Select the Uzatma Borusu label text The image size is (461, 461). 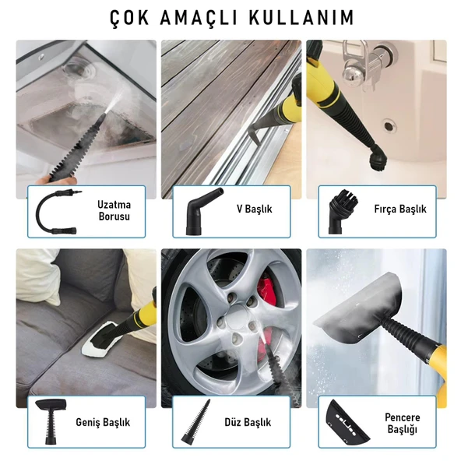click(x=114, y=209)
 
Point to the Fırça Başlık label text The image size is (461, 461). click(x=400, y=209)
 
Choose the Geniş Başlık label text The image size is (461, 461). click(x=103, y=423)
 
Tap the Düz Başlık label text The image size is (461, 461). click(x=248, y=423)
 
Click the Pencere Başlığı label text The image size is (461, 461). click(x=402, y=424)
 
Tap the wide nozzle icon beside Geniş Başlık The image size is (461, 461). click(x=53, y=424)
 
